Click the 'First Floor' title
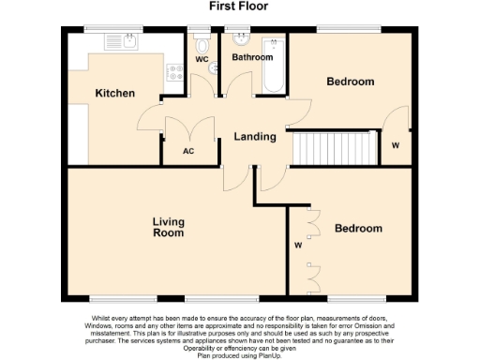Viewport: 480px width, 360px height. click(239, 6)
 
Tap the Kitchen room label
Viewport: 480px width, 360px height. click(115, 93)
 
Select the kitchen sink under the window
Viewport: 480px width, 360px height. click(121, 41)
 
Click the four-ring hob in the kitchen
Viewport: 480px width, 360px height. click(174, 76)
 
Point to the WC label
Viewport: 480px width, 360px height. click(201, 59)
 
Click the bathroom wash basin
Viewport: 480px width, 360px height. click(239, 40)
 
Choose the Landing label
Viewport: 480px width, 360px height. click(254, 137)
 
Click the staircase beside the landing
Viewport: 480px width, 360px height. click(332, 148)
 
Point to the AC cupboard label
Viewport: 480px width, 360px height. click(187, 151)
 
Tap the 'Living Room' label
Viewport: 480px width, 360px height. click(169, 227)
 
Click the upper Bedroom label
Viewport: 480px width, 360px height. click(350, 82)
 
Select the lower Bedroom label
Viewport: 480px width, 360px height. click(359, 228)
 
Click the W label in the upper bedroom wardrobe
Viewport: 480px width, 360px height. click(395, 145)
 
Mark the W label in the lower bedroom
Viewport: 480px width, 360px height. click(297, 247)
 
